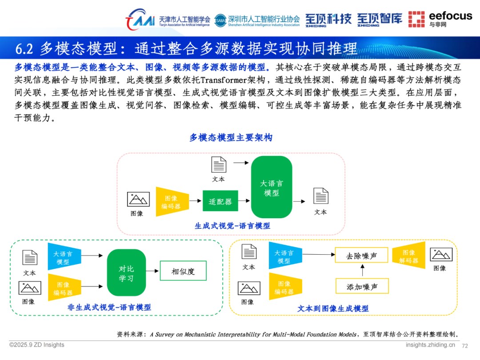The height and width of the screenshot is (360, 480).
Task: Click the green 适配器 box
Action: [220, 201]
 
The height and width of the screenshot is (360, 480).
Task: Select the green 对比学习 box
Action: [126, 273]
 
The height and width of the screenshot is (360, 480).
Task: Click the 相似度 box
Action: [183, 271]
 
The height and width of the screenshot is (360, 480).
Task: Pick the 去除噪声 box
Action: [361, 256]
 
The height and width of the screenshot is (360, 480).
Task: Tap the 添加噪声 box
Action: [362, 287]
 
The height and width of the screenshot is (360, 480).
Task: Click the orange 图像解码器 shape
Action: [408, 256]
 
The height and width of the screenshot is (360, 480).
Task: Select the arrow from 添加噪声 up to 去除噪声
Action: [362, 271]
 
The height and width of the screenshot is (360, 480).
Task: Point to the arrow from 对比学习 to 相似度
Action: [153, 271]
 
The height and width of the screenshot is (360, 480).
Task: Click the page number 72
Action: [465, 345]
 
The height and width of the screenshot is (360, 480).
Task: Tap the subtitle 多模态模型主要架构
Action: [231, 138]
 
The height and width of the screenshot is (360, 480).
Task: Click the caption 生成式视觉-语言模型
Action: [232, 226]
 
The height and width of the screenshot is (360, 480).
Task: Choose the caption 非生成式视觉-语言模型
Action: [109, 307]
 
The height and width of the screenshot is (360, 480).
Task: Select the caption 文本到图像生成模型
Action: [333, 308]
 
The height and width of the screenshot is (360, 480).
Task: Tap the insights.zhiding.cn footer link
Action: [430, 345]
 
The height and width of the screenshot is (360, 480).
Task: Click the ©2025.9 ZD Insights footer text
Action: [37, 345]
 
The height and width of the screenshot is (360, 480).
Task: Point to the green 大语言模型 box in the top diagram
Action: [272, 187]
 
